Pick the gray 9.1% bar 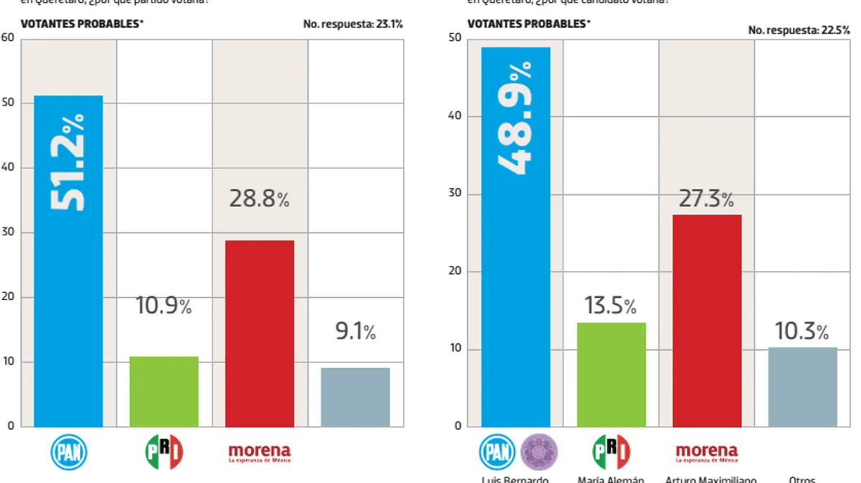(x=355, y=398)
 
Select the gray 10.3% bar (x=802, y=388)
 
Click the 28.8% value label (x=259, y=199)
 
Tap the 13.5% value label (x=610, y=306)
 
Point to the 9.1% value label (x=355, y=332)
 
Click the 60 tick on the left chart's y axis (x=8, y=37)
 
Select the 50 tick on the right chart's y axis (x=454, y=38)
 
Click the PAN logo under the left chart (x=68, y=453)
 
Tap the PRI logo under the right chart (x=611, y=453)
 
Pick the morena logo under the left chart (x=259, y=453)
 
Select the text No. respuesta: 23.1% (x=352, y=24)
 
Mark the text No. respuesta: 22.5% (x=799, y=30)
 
